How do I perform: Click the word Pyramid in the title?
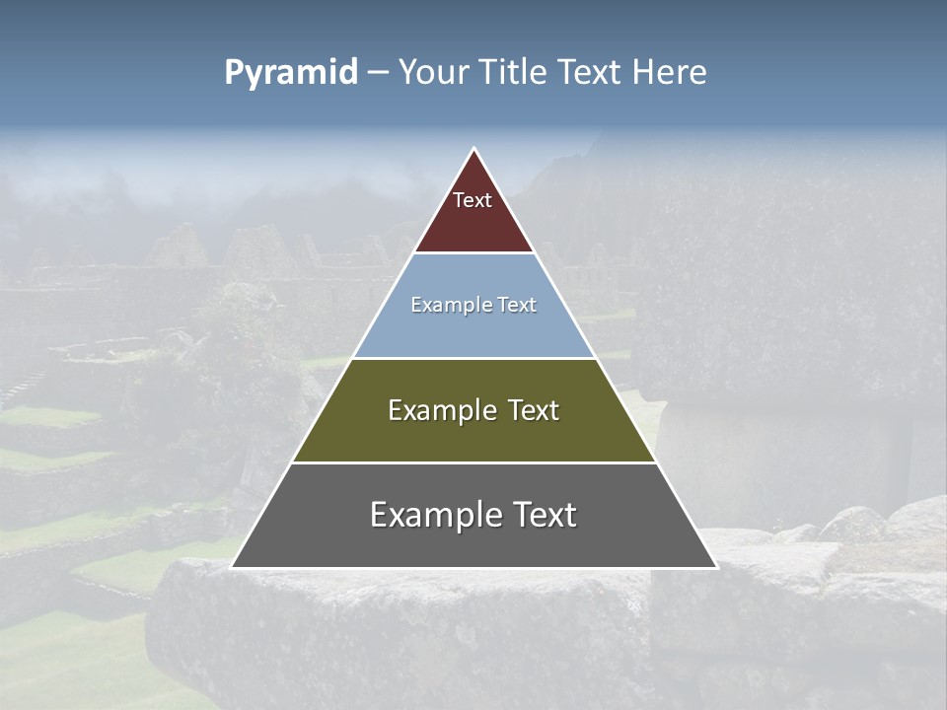291,73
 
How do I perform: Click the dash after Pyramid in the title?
378,74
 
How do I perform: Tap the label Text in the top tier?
473,201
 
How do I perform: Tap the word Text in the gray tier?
542,515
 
